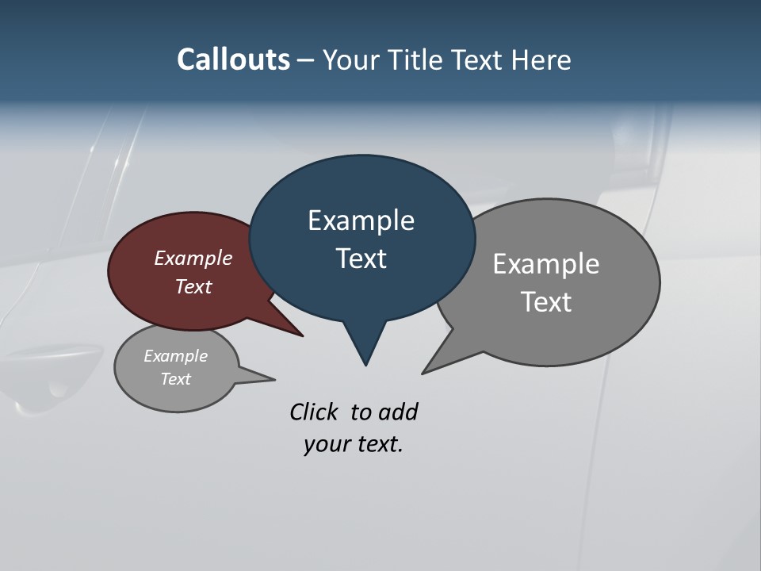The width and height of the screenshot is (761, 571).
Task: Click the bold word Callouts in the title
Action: (233, 59)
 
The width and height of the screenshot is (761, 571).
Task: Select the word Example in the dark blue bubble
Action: (361, 220)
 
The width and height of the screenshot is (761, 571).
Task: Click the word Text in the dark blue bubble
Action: (361, 259)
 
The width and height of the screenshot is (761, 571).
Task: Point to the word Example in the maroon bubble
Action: (193, 258)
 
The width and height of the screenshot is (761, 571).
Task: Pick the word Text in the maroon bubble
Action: (193, 286)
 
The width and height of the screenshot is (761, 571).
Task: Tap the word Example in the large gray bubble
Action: (545, 264)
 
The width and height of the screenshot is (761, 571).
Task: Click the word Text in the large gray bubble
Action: (545, 302)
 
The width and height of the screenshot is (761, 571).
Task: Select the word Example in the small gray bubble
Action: (175, 356)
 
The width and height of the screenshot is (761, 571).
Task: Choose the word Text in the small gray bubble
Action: (175, 379)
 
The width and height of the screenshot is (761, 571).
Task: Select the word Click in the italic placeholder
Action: (315, 412)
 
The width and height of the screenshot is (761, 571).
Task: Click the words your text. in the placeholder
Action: (353, 445)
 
